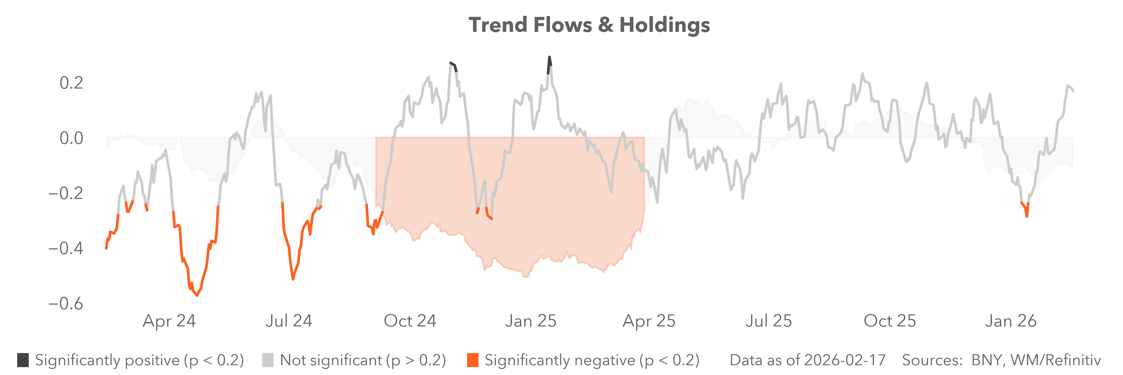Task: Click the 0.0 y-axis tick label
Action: pyautogui.click(x=71, y=138)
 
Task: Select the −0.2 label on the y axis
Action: pyautogui.click(x=65, y=193)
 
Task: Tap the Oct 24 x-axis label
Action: pyautogui.click(x=410, y=321)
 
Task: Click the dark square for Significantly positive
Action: pyautogui.click(x=23, y=360)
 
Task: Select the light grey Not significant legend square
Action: pyautogui.click(x=268, y=360)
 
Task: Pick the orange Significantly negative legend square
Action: pyautogui.click(x=472, y=360)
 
